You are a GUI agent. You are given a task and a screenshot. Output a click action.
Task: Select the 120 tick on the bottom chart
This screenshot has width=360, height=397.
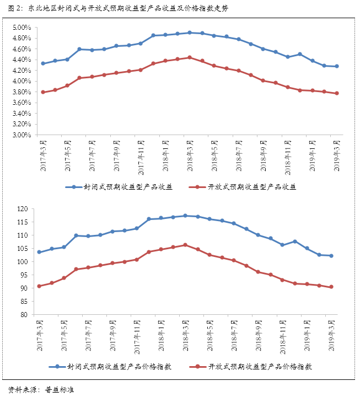pyautogui.click(x=22, y=209)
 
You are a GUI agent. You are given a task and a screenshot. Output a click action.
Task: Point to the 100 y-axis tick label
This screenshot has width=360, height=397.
pyautogui.click(x=22, y=262)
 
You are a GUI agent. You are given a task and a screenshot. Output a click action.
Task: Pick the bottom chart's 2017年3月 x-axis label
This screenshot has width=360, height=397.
pyautogui.click(x=39, y=336)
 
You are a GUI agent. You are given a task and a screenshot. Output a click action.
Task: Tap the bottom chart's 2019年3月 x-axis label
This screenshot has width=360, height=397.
pyautogui.click(x=331, y=336)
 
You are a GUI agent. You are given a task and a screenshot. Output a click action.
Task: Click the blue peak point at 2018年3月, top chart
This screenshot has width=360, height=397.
pyautogui.click(x=190, y=33)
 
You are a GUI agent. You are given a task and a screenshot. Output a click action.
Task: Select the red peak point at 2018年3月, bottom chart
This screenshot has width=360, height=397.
pyautogui.click(x=185, y=245)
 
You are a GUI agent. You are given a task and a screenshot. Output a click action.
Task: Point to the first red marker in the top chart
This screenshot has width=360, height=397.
pyautogui.click(x=43, y=92)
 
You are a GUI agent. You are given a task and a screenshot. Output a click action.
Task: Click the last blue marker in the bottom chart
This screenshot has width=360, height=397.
pyautogui.click(x=331, y=255)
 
